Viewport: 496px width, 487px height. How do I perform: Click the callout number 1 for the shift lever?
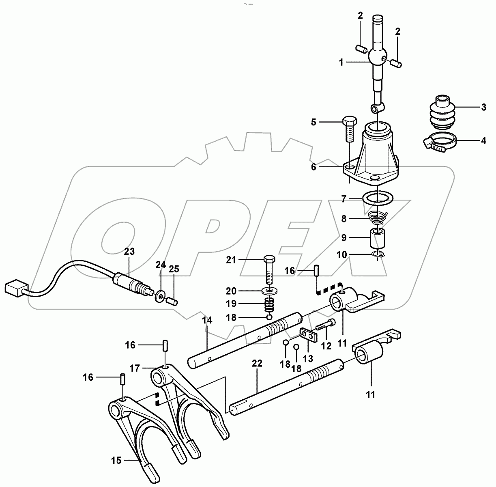pyautogui.click(x=341, y=62)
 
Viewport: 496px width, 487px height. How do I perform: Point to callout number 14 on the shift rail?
pyautogui.click(x=207, y=320)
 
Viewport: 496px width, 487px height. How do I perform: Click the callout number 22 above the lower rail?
pyautogui.click(x=257, y=363)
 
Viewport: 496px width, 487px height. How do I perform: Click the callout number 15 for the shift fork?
pyautogui.click(x=116, y=460)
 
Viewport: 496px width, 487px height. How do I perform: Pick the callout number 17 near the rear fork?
pyautogui.click(x=135, y=368)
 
